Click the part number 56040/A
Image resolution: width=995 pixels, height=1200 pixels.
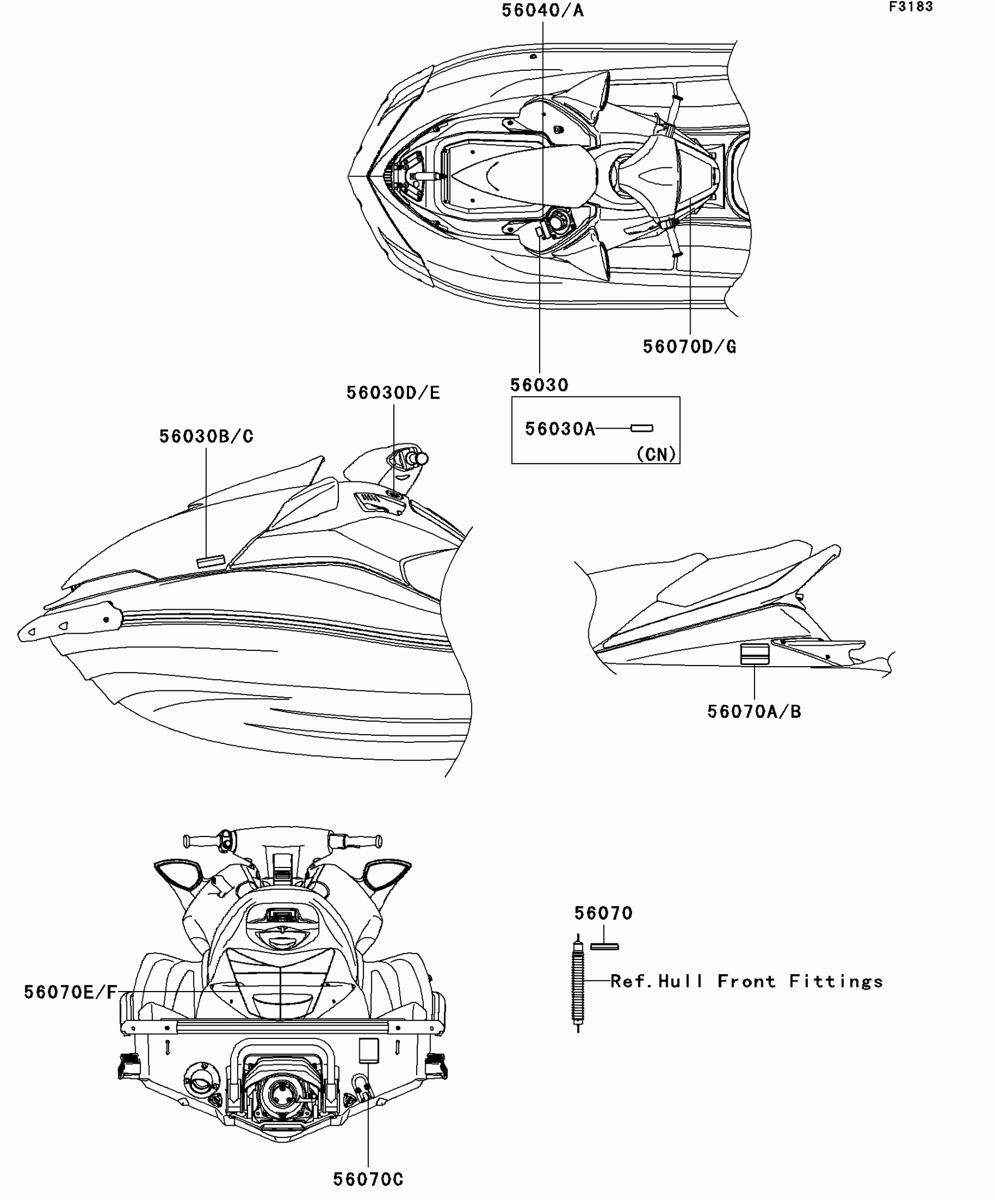[x=543, y=11]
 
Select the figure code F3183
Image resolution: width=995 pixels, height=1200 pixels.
[x=911, y=7]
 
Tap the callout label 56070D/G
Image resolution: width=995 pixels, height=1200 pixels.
[x=689, y=347]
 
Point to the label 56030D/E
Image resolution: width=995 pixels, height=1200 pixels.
[x=393, y=393]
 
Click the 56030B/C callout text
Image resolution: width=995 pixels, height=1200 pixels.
[x=206, y=437]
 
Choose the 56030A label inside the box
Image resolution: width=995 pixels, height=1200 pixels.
[x=560, y=429]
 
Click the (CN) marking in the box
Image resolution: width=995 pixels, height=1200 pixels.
[x=656, y=454]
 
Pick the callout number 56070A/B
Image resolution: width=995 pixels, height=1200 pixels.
[x=754, y=712]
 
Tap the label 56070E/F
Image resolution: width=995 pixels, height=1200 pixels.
[x=70, y=992]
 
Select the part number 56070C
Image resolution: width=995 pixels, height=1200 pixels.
[x=368, y=1180]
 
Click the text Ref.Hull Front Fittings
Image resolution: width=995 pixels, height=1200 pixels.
[x=746, y=982]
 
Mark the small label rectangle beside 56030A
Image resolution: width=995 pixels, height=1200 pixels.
[x=641, y=428]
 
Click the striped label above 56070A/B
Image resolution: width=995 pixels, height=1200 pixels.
[x=754, y=654]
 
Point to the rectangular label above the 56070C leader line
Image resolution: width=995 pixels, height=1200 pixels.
[x=369, y=1051]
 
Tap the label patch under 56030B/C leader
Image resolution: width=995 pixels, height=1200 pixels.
[x=211, y=561]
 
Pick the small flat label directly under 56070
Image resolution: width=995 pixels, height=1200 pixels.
[x=604, y=947]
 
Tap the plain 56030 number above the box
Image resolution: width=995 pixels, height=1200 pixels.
[x=539, y=385]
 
